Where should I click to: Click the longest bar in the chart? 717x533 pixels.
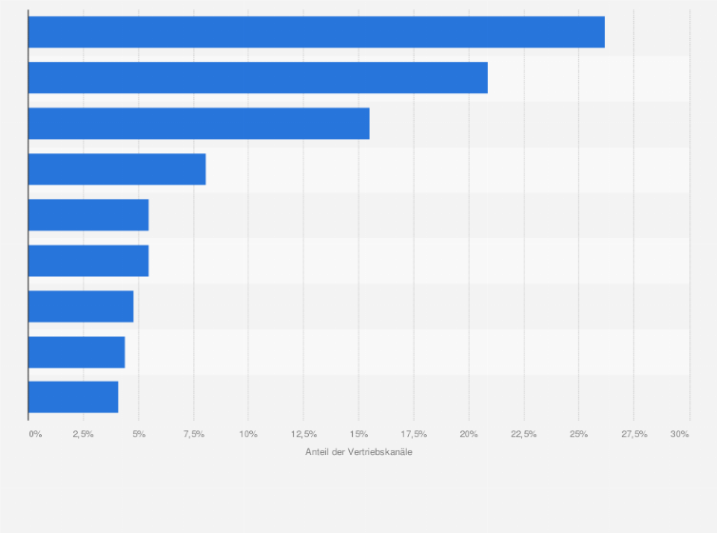(x=316, y=32)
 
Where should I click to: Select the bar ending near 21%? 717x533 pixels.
(x=258, y=78)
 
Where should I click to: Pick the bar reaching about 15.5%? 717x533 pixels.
(x=199, y=124)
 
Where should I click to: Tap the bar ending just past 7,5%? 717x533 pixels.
(x=117, y=169)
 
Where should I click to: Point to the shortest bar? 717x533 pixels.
(x=73, y=397)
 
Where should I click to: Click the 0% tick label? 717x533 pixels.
(x=35, y=434)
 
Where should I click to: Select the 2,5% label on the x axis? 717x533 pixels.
(x=84, y=434)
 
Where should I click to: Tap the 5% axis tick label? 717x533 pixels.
(x=139, y=434)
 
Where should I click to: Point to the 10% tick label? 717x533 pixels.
(x=248, y=434)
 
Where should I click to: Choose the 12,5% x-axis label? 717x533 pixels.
(x=303, y=434)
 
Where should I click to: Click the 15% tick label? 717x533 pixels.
(x=358, y=434)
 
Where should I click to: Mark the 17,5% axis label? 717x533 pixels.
(x=414, y=434)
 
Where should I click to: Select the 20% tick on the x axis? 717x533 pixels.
(x=469, y=434)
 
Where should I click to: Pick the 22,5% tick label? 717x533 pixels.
(x=523, y=434)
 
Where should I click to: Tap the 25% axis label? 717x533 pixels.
(x=578, y=434)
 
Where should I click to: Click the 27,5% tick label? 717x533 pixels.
(x=633, y=434)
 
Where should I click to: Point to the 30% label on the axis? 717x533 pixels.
(x=679, y=434)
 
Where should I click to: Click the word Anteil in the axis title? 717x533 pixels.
(x=317, y=451)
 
